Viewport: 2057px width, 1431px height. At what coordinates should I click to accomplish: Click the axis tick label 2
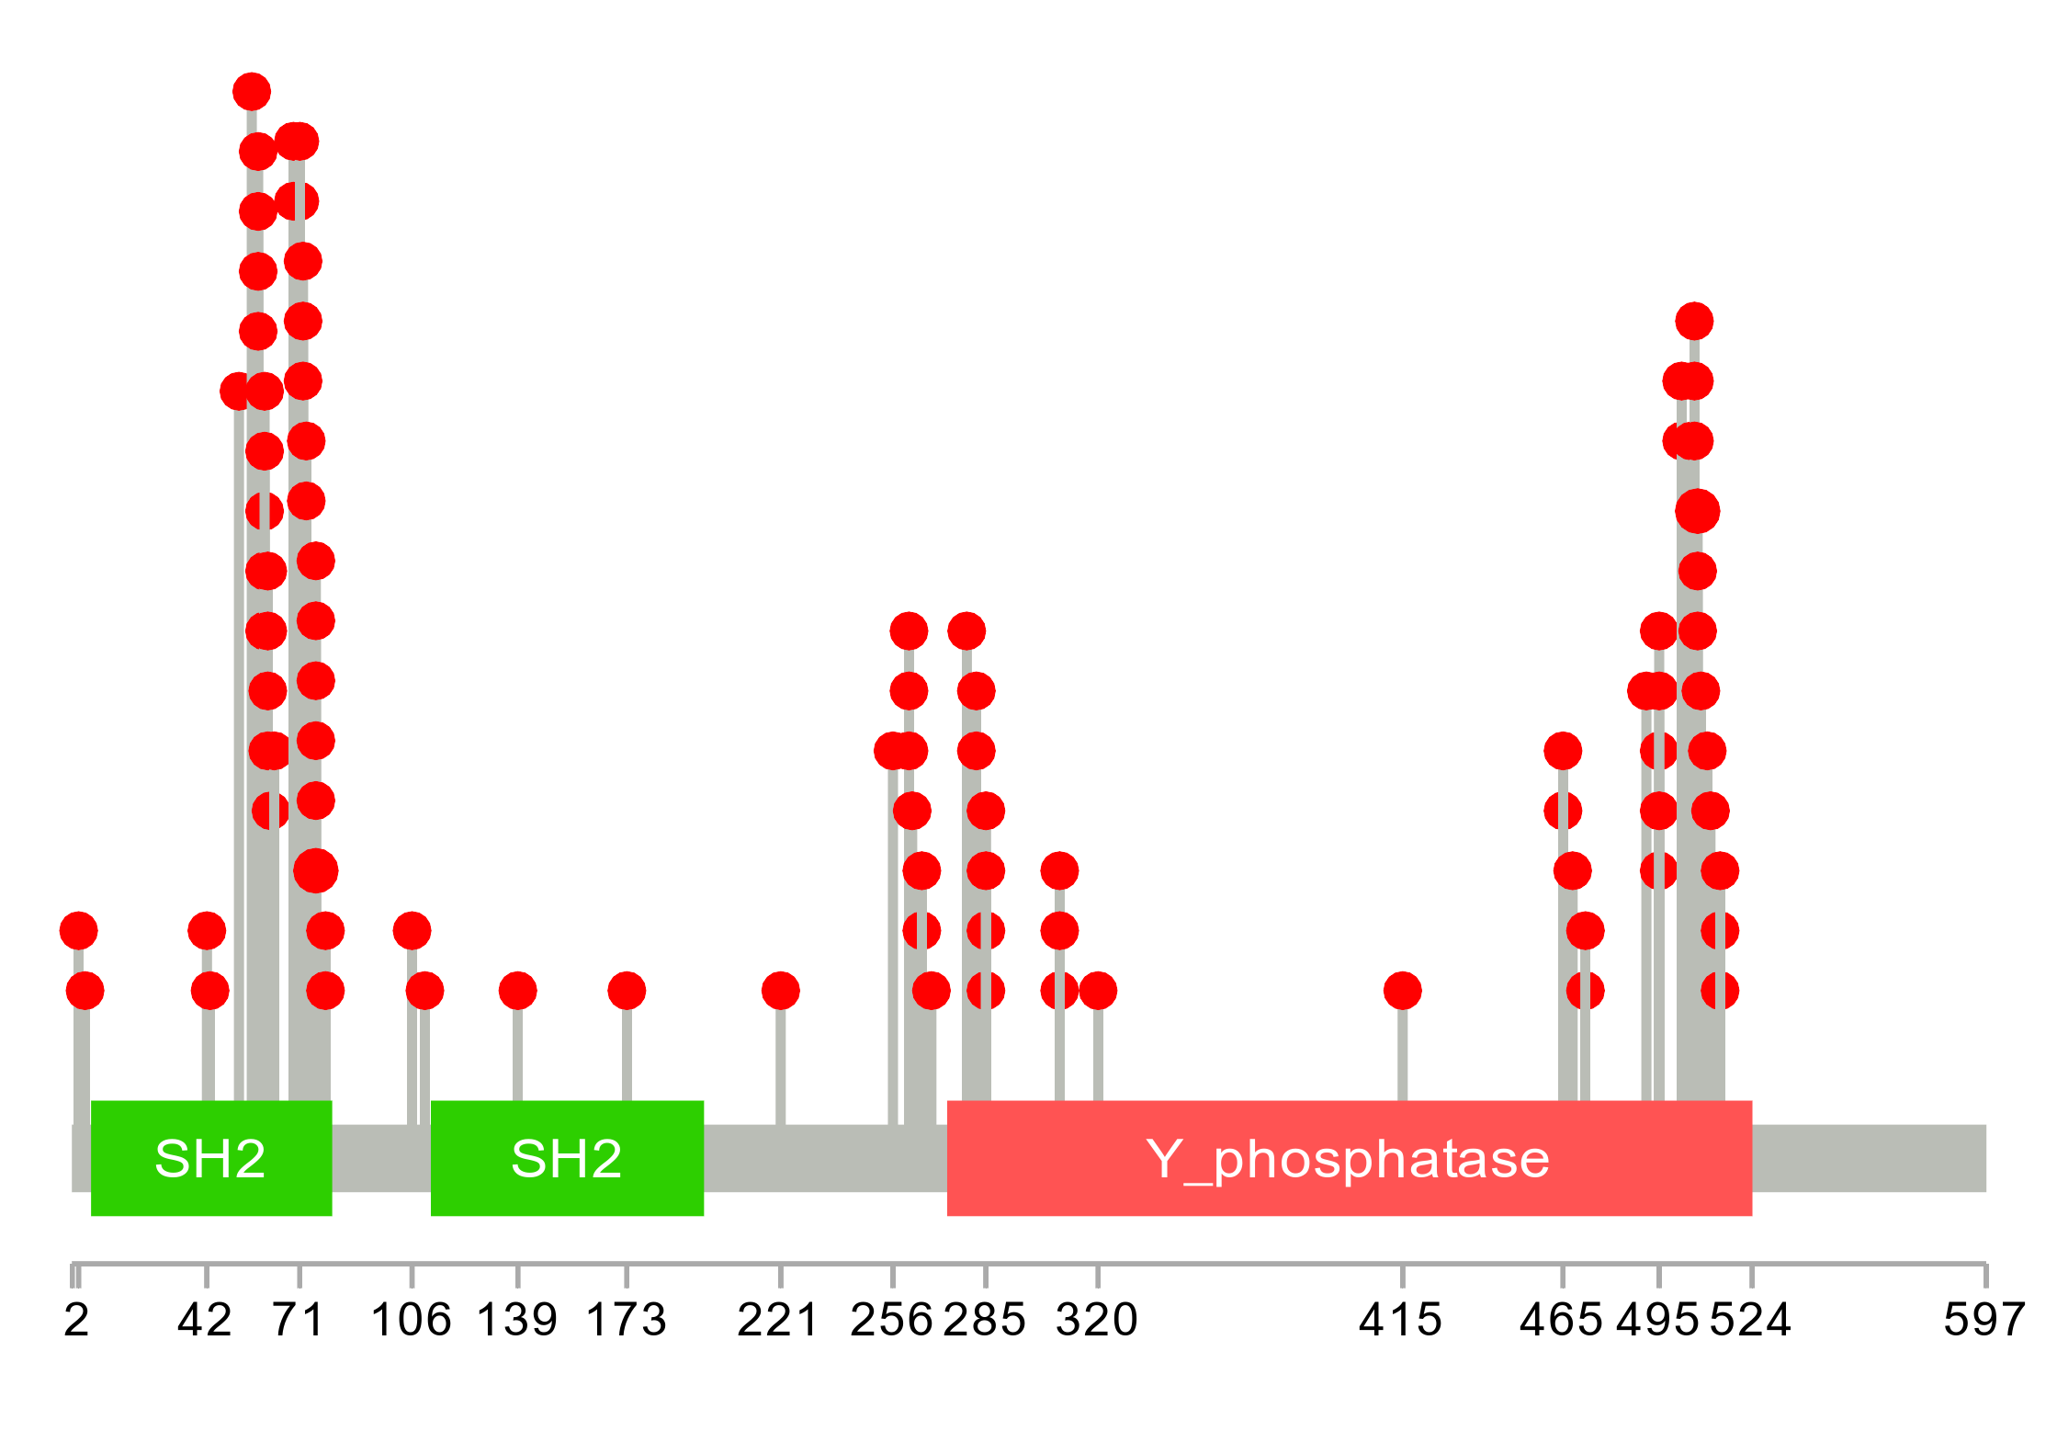pos(77,1321)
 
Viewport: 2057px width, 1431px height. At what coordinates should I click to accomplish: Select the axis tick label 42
pos(205,1321)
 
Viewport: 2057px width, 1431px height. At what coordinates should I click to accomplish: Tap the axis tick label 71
pos(300,1321)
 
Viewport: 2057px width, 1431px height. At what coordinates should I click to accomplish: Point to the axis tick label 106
pos(411,1321)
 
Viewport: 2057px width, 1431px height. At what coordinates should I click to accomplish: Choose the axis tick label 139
pos(517,1321)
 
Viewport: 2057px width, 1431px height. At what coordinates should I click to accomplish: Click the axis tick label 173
pos(626,1321)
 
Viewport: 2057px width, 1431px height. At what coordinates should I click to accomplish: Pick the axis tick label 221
pos(778,1321)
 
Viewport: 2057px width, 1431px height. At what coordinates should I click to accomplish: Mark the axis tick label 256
pos(891,1321)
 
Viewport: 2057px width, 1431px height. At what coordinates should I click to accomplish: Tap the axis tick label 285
pos(985,1321)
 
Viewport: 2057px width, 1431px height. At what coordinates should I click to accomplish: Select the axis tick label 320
pos(1097,1321)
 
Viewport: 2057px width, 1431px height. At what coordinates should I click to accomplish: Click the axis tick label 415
pos(1401,1321)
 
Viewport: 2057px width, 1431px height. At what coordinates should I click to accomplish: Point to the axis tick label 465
pos(1561,1321)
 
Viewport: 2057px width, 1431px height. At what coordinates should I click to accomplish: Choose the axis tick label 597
pos(1984,1321)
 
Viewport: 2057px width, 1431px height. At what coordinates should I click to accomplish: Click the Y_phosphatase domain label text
pos(1348,1159)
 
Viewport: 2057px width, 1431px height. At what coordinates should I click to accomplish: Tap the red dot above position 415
pos(1402,991)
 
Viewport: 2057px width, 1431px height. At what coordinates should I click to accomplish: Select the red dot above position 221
pos(780,991)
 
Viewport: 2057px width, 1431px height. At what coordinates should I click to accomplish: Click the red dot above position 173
pos(627,991)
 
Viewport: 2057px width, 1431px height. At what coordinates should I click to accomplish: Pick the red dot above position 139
pos(517,991)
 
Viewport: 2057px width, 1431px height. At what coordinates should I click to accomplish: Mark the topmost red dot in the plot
pos(252,92)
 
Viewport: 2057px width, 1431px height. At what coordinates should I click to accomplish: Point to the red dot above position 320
pos(1098,991)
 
